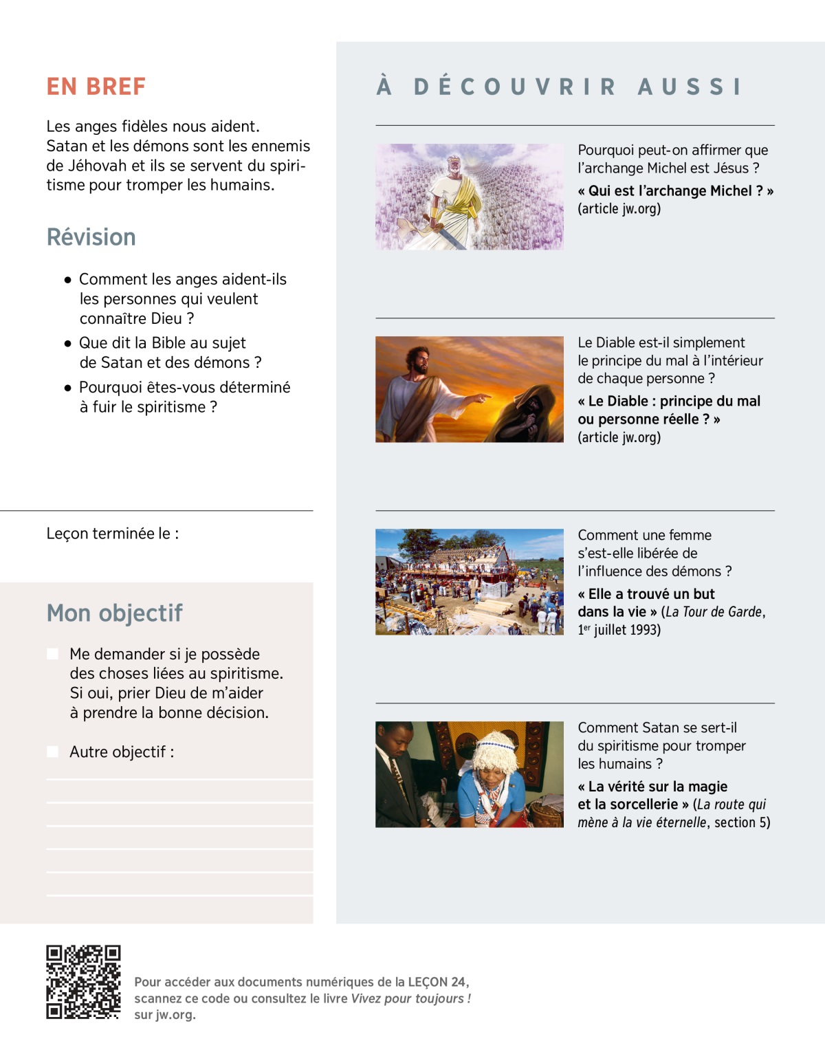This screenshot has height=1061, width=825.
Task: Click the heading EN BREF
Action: pyautogui.click(x=96, y=87)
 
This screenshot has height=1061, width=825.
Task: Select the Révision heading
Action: pyautogui.click(x=91, y=237)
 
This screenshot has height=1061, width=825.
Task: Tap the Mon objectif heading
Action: pyautogui.click(x=114, y=613)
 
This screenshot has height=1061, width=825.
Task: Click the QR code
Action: pyautogui.click(x=83, y=982)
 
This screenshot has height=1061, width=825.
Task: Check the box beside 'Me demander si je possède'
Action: pyautogui.click(x=53, y=654)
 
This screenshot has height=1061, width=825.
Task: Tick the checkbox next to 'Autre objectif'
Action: pyautogui.click(x=53, y=752)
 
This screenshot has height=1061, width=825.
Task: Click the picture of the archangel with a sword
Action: pyautogui.click(x=469, y=197)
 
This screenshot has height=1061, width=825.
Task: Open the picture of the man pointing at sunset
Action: pyautogui.click(x=469, y=389)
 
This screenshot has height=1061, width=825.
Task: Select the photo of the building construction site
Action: pyautogui.click(x=469, y=582)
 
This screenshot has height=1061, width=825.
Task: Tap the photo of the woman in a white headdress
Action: pyautogui.click(x=469, y=774)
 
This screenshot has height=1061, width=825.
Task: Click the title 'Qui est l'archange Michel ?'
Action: pyautogui.click(x=675, y=191)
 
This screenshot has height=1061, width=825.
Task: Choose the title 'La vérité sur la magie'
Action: pyautogui.click(x=653, y=787)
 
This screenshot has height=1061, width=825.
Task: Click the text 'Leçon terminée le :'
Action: pyautogui.click(x=113, y=534)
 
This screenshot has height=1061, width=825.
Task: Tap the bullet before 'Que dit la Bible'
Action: pyautogui.click(x=67, y=343)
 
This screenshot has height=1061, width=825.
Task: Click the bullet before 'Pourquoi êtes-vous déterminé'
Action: pyautogui.click(x=67, y=388)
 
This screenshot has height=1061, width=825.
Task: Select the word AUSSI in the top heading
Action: pyautogui.click(x=690, y=87)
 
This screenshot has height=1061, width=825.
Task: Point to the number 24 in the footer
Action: pyautogui.click(x=459, y=982)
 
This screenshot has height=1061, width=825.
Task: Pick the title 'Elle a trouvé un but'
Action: pyautogui.click(x=651, y=594)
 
